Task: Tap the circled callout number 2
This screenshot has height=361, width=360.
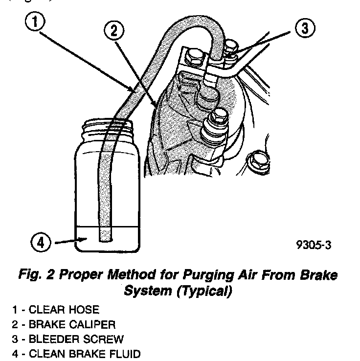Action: click(113, 31)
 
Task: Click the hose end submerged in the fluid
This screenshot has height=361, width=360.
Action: click(106, 236)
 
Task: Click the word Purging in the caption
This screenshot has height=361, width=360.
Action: click(200, 275)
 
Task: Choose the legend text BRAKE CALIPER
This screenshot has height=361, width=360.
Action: click(72, 324)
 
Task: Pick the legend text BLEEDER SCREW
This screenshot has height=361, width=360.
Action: click(75, 339)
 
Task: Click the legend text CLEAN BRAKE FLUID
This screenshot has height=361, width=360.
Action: click(85, 354)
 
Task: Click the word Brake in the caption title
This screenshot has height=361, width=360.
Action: click(320, 275)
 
